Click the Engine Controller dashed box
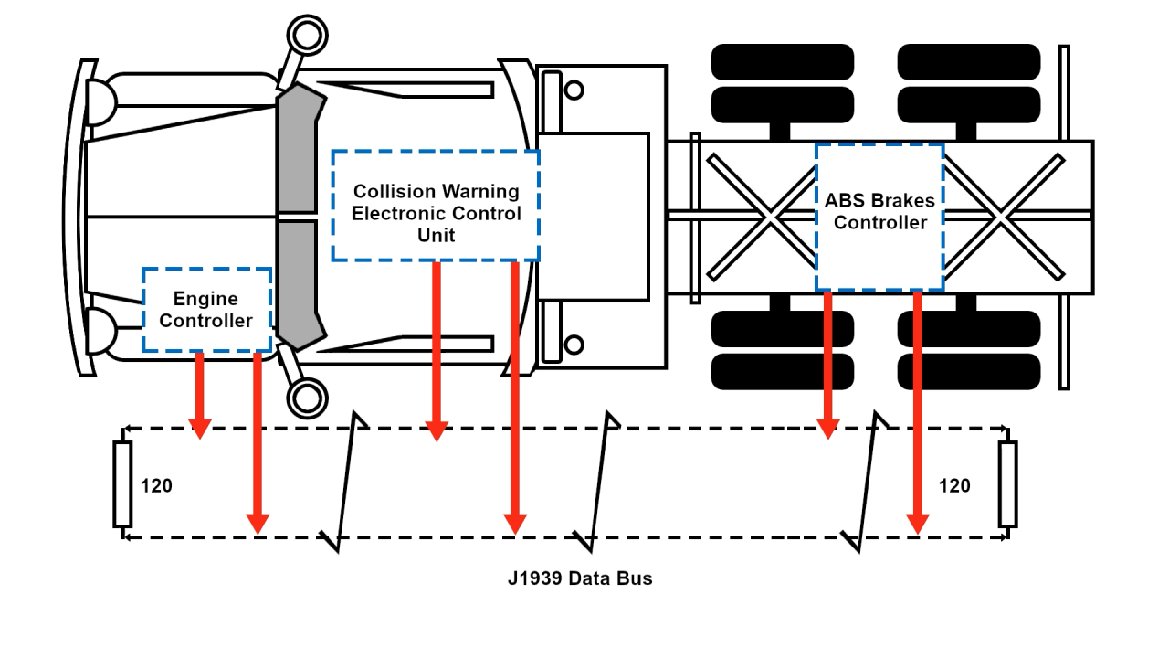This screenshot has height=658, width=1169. pos(207,310)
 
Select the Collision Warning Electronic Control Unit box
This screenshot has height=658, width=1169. pos(436,206)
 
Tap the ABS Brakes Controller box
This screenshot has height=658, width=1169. pos(879,216)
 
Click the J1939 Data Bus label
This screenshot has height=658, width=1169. pos(580,578)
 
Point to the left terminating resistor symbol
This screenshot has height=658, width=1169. pos(122,483)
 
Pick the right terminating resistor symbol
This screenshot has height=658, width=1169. pos(1007,483)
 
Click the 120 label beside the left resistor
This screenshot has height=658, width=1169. pos(156,486)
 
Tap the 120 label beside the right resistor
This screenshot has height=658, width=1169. pos(954,486)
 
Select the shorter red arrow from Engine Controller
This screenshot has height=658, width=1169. pos(200,393)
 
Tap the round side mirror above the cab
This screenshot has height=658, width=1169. pos(307,35)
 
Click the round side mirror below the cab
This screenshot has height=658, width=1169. pos(307,398)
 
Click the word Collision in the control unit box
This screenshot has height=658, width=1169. pos(395,192)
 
